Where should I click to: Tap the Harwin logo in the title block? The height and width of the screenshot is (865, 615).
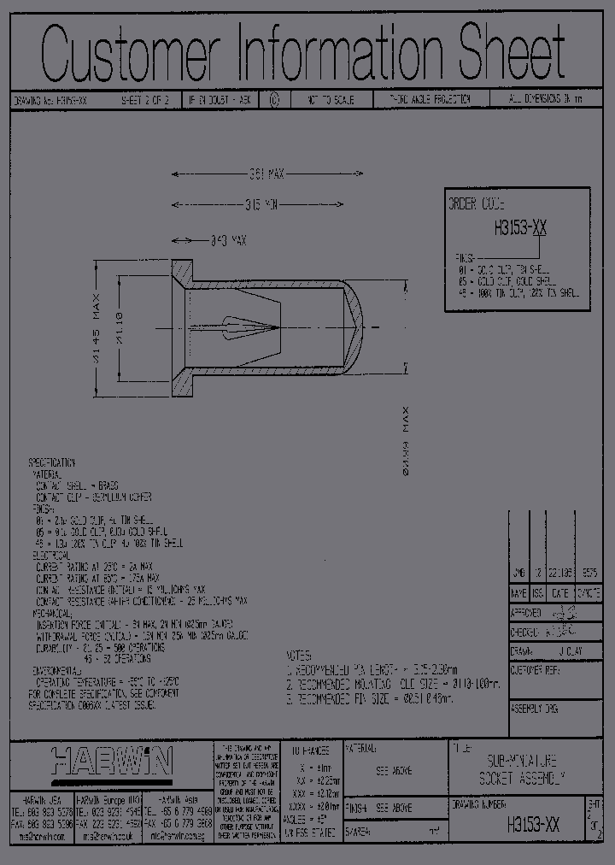pyautogui.click(x=112, y=759)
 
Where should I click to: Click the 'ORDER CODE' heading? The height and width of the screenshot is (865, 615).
pyautogui.click(x=477, y=205)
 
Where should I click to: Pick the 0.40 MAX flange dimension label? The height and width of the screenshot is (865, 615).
pyautogui.click(x=227, y=242)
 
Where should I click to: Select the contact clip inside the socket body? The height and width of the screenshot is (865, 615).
pyautogui.click(x=248, y=327)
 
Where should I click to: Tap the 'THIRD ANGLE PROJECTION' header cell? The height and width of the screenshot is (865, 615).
pyautogui.click(x=430, y=100)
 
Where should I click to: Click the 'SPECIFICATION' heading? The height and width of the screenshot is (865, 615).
pyautogui.click(x=52, y=462)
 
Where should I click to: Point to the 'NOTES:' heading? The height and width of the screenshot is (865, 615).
pyautogui.click(x=302, y=652)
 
